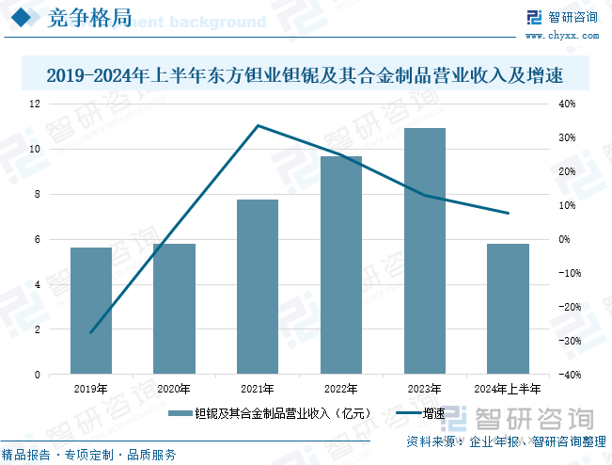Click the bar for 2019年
click(x=91, y=311)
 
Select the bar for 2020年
click(x=174, y=309)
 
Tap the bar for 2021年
click(x=258, y=287)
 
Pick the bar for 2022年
click(x=340, y=265)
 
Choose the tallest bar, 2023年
click(x=424, y=251)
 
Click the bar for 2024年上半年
click(x=508, y=309)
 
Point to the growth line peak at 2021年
click(x=258, y=125)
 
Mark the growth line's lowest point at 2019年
click(x=91, y=333)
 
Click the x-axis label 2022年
click(x=340, y=389)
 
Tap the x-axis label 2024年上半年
click(x=508, y=389)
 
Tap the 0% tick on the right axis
click(x=565, y=239)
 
